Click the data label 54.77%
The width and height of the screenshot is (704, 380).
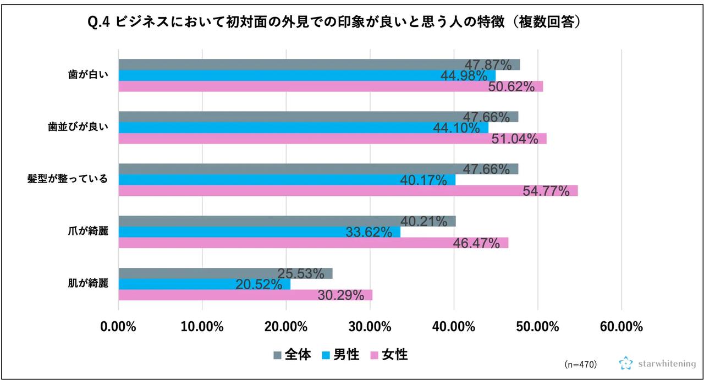point(546,191)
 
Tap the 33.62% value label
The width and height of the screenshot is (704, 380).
point(369,232)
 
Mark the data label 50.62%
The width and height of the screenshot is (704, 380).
point(512,86)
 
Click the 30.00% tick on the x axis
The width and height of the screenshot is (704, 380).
point(370,327)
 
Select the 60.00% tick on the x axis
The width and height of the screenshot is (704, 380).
point(621,327)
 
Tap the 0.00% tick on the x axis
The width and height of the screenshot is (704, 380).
point(118,327)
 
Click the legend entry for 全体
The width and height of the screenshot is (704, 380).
point(291,355)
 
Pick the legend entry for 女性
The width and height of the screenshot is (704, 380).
point(389,355)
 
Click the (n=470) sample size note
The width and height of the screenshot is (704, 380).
point(580,365)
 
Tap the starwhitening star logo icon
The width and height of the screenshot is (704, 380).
point(626,364)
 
